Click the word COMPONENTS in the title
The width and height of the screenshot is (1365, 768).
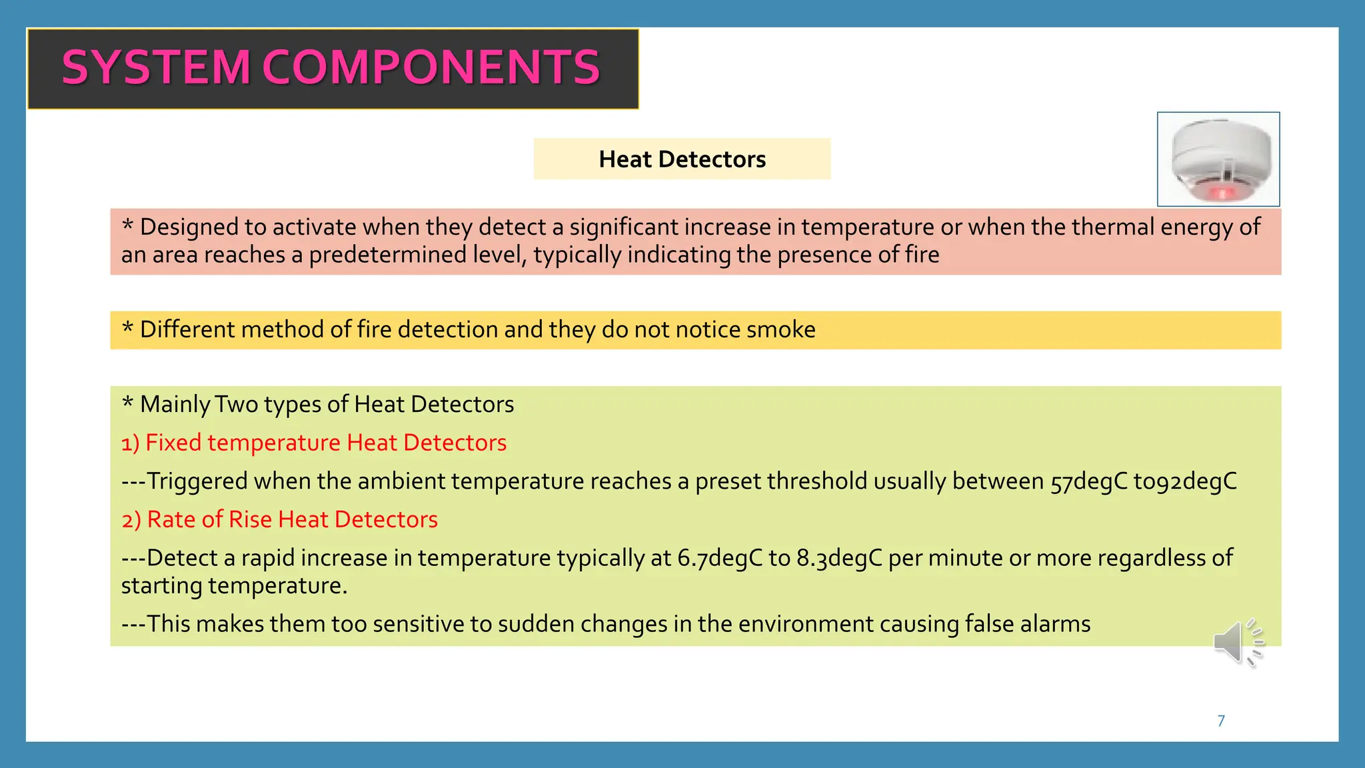point(431,68)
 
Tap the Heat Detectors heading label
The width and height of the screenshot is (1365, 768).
point(682,159)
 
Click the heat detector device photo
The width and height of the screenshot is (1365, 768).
point(1218,159)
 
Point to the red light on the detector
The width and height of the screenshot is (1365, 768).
point(1222,193)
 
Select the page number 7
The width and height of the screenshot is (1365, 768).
point(1221,721)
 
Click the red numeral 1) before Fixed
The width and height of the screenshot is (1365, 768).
point(130,443)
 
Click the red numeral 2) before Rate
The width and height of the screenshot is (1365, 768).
point(131,520)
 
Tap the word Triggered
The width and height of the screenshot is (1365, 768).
point(197,481)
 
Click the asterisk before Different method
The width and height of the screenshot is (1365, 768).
point(127,328)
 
